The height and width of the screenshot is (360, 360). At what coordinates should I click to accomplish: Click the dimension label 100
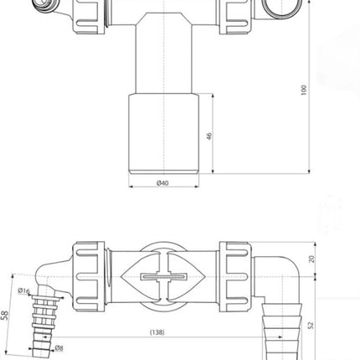[x=304, y=90]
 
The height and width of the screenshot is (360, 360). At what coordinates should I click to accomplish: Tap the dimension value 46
[x=209, y=136]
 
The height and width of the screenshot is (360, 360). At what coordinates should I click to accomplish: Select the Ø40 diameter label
[x=162, y=183]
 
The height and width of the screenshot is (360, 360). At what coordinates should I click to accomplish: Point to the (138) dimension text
[x=157, y=332]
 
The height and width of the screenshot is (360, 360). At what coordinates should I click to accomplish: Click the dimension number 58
[x=5, y=316]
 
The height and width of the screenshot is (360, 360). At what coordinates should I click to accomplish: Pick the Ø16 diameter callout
[x=23, y=291]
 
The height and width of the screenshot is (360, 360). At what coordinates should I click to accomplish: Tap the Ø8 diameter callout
[x=59, y=347]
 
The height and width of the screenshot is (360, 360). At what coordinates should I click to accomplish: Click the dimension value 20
[x=311, y=259]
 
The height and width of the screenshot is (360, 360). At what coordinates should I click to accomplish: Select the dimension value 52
[x=311, y=326]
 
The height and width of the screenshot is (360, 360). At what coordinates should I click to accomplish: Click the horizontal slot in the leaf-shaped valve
[x=163, y=277]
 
